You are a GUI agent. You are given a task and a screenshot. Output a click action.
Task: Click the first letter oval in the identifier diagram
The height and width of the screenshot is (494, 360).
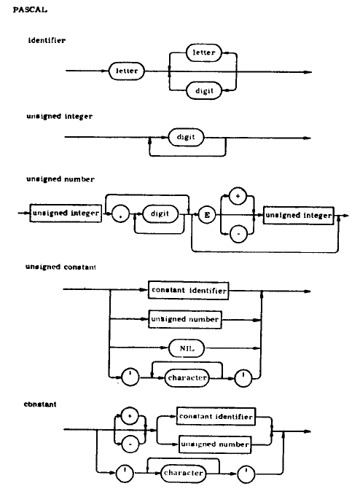point(124,71)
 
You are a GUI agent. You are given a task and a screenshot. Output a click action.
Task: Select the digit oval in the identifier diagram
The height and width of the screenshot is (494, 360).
point(203,91)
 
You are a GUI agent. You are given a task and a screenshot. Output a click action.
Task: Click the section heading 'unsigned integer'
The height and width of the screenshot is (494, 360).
point(59,117)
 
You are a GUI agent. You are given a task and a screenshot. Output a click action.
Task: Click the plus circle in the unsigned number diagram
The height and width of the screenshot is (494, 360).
point(236,198)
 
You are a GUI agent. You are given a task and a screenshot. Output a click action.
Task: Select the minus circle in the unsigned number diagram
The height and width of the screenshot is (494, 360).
point(236,234)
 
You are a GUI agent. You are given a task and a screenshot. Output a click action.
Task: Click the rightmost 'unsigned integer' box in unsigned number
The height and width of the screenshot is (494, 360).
point(297,216)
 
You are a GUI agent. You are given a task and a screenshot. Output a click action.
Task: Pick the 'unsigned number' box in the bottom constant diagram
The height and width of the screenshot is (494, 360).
point(215,443)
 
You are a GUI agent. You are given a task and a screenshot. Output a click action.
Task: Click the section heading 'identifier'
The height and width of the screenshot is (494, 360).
point(46,40)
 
